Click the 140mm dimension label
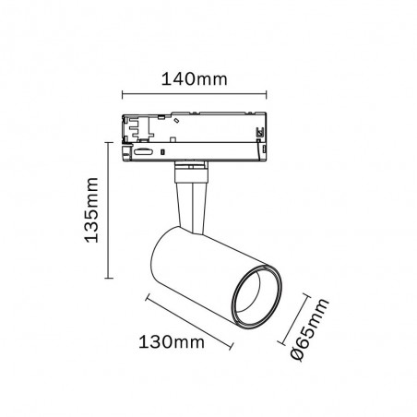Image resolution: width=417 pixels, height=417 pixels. point(196,79)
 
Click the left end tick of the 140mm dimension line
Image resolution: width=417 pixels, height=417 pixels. point(123,93)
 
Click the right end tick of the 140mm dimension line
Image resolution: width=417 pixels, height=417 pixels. point(268,93)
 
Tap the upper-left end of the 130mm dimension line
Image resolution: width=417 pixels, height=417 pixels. point(146,295)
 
